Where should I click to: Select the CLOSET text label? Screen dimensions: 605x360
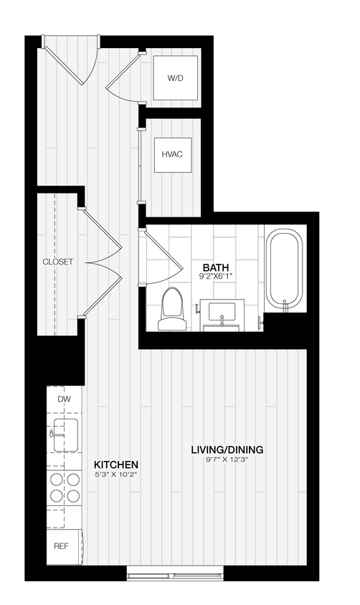click(x=57, y=262)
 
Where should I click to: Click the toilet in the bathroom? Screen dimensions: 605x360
click(x=172, y=310)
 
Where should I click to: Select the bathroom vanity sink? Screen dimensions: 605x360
click(x=223, y=313)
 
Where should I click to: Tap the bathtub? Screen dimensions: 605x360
click(x=284, y=269)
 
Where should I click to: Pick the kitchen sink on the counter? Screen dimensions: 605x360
click(x=66, y=433)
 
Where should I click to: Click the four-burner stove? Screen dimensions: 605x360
click(x=65, y=487)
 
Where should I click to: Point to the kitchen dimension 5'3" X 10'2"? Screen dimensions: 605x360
click(x=115, y=475)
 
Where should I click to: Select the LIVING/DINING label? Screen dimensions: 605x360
click(x=227, y=449)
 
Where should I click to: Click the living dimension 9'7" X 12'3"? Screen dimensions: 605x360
click(x=227, y=460)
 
